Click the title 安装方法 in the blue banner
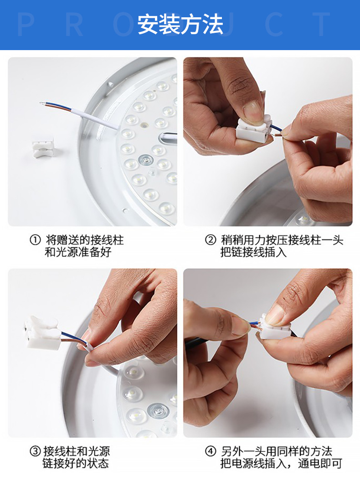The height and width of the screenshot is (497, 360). point(180,25)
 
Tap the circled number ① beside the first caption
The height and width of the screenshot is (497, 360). point(35,240)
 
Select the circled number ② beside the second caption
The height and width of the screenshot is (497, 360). point(210,240)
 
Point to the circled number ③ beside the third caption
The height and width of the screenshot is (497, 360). point(35,451)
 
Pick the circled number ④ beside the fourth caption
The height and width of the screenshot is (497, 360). point(210,451)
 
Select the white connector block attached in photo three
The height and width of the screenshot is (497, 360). point(43,333)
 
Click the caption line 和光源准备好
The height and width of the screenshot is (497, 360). point(78,253)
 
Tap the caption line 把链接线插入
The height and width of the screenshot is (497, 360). point(254,253)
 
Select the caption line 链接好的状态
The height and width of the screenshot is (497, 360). point(76,463)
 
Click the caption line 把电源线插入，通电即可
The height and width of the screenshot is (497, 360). point(281,463)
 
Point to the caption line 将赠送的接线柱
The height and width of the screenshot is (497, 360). point(85,240)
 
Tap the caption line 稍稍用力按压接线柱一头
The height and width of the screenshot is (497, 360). point(282,240)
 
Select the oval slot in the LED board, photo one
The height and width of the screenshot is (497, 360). point(168,138)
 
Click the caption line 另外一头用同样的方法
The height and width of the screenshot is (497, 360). point(276,451)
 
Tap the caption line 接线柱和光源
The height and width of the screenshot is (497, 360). point(77,451)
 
